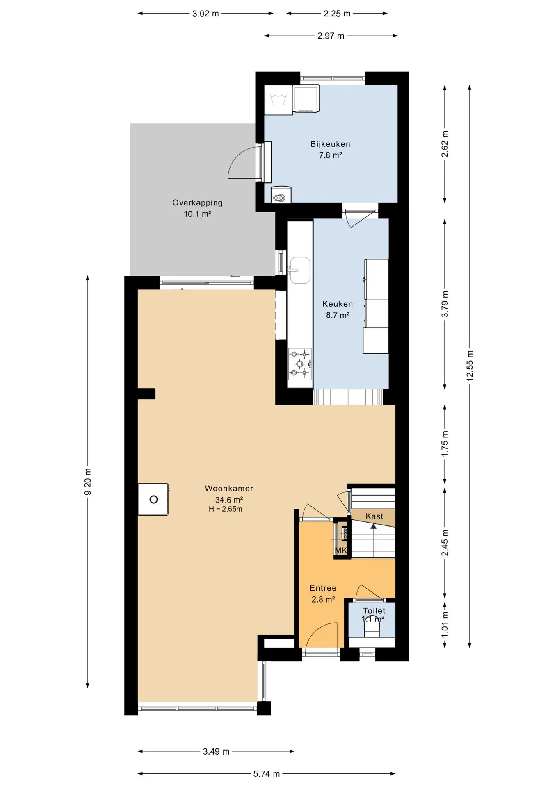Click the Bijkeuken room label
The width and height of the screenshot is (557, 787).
(x=330, y=144)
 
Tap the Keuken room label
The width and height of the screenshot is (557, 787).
(x=338, y=304)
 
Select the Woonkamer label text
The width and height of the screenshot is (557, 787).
(x=229, y=489)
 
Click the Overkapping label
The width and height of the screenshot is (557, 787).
(x=197, y=203)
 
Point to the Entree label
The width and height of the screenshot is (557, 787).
(x=323, y=588)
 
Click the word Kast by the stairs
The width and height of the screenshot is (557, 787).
(x=374, y=516)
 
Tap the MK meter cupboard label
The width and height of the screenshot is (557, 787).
(x=341, y=550)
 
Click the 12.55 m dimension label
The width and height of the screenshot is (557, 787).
(x=470, y=366)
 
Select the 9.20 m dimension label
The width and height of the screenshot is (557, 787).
(x=88, y=482)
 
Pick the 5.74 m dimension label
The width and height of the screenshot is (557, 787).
(x=267, y=774)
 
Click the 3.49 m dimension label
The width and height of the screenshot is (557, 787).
(x=216, y=751)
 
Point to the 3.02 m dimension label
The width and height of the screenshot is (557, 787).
(x=205, y=14)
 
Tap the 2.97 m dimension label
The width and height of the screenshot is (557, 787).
(x=331, y=36)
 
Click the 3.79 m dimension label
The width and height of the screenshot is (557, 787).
(x=445, y=304)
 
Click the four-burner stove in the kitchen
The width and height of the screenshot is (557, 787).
(x=300, y=363)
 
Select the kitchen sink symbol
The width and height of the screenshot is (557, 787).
(x=300, y=270)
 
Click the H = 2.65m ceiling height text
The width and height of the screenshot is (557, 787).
(x=225, y=509)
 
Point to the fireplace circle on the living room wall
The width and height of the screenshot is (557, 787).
(x=153, y=499)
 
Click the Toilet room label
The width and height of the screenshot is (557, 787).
(x=374, y=611)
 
